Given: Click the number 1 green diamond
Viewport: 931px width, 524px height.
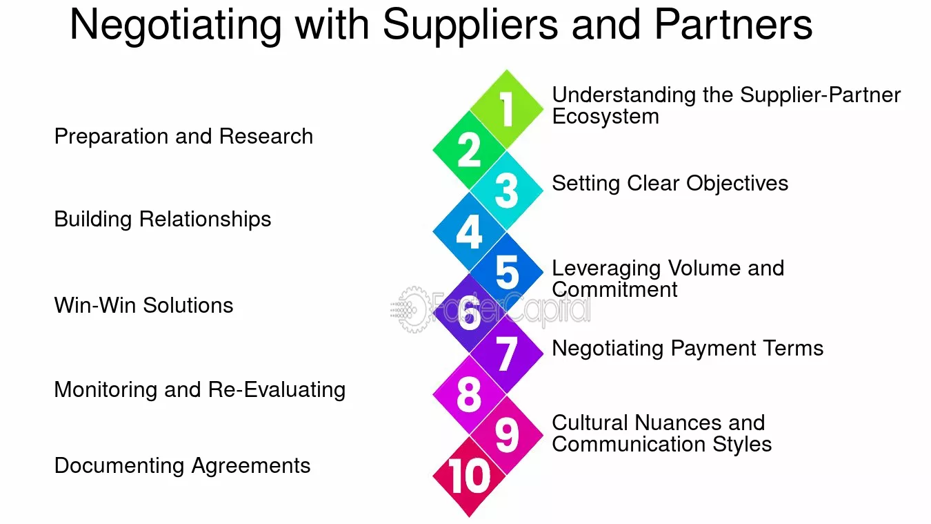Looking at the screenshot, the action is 506,109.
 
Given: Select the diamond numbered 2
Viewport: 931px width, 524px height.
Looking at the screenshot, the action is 469,150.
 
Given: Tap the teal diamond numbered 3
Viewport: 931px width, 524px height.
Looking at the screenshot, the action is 506,191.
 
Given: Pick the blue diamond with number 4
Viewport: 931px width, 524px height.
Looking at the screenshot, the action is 469,231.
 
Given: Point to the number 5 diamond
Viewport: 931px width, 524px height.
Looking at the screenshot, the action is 506,272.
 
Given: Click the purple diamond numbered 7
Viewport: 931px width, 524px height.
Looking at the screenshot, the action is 506,353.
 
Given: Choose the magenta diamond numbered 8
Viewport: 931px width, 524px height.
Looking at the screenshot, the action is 469,394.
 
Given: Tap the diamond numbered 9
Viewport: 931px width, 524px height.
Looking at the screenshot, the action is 506,435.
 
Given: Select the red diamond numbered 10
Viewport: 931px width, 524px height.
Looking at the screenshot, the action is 469,476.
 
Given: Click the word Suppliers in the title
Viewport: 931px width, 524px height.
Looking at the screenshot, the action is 470,26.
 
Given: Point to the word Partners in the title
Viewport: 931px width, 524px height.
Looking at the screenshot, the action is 733,25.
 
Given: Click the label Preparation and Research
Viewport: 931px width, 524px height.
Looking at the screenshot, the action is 183,137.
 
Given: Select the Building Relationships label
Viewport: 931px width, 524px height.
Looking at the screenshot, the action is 163,220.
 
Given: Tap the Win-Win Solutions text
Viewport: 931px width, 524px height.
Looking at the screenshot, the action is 144,305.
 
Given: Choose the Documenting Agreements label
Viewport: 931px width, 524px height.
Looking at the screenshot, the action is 183,466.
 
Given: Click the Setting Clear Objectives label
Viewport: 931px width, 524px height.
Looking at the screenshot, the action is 670,184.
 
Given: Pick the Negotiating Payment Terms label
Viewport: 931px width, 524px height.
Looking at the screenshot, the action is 688,349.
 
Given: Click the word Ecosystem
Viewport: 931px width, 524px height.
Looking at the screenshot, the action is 605,117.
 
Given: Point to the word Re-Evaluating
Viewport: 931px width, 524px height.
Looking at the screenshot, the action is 277,390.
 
